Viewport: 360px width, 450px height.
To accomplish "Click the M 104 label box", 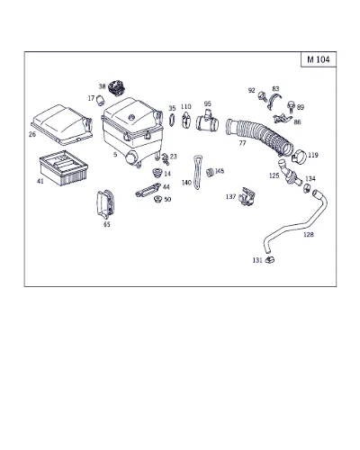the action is (x=319, y=59).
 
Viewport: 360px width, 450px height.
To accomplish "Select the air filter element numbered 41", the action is (x=64, y=167).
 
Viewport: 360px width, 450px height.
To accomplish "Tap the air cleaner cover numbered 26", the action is (x=61, y=124).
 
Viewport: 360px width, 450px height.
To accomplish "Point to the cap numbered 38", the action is (x=117, y=87).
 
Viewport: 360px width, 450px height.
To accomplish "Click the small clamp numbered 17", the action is (x=100, y=100).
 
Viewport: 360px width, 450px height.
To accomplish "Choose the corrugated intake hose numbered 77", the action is (x=259, y=137).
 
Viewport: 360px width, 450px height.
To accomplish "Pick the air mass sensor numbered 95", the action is (x=207, y=121).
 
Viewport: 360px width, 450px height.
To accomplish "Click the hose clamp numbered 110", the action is (x=186, y=120).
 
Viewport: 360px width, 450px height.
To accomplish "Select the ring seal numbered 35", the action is (x=172, y=120).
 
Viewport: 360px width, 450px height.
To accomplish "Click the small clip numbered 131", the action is (x=270, y=259).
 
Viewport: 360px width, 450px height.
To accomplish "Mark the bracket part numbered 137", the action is (x=247, y=197).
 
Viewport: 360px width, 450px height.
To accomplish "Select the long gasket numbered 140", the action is (x=197, y=172).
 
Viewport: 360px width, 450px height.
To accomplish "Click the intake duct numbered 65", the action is (x=105, y=204).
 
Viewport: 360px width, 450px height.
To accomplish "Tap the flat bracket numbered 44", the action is (x=148, y=190).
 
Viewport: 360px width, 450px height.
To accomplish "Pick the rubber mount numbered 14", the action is (x=157, y=173).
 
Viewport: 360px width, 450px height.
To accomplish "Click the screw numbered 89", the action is (x=291, y=106).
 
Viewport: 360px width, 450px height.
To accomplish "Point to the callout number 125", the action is (x=274, y=175).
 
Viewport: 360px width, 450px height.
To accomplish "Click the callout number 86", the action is (x=297, y=122).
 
